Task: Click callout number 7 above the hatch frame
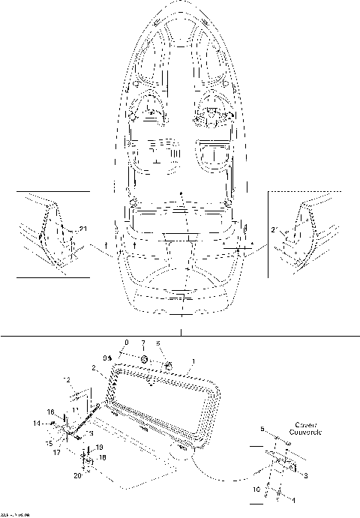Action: click(x=143, y=343)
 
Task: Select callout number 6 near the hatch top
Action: click(x=158, y=343)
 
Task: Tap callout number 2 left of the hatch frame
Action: click(x=94, y=369)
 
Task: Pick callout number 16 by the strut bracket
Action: click(x=51, y=412)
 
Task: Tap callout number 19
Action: click(x=100, y=447)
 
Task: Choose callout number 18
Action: click(x=103, y=457)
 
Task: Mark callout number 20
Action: click(x=77, y=475)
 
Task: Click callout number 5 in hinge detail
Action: click(x=262, y=430)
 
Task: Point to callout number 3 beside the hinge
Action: click(x=305, y=475)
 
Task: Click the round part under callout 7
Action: click(x=142, y=362)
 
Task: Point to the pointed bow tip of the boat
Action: click(x=180, y=4)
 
